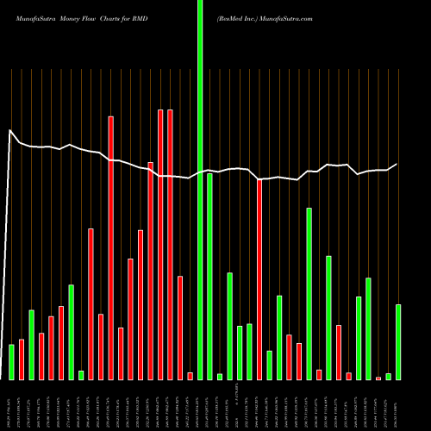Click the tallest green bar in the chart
(x=200, y=190)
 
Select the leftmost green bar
(x=11, y=362)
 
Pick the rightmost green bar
(x=398, y=341)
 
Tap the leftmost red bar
(x=22, y=359)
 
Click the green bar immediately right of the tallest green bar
(x=209, y=276)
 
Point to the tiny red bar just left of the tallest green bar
(x=190, y=376)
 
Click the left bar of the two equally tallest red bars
(x=160, y=244)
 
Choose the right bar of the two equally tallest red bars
(x=170, y=244)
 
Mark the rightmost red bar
(x=378, y=378)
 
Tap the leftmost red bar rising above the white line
(x=111, y=138)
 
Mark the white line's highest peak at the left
(x=10, y=130)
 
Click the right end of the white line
(x=397, y=164)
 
